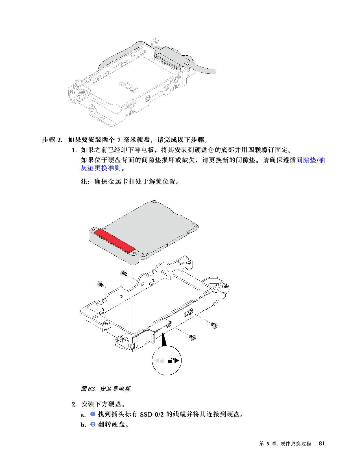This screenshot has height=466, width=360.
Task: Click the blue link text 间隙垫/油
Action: pyautogui.click(x=311, y=160)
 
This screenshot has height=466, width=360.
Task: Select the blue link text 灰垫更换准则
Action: pyautogui.click(x=101, y=168)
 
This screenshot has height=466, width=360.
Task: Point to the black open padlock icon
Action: pyautogui.click(x=171, y=361)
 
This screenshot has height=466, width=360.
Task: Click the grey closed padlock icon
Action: pyautogui.click(x=162, y=361)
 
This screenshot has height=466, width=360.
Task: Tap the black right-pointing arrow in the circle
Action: pyautogui.click(x=177, y=360)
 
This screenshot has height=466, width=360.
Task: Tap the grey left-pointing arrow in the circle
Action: pyautogui.click(x=156, y=361)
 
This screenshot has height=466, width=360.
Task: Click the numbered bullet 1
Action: pyautogui.click(x=93, y=414)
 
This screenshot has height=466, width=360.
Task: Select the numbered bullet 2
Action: pyautogui.click(x=93, y=424)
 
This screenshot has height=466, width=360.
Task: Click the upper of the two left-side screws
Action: pyautogui.click(x=124, y=273)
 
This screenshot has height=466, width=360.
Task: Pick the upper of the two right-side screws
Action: pyautogui.click(x=215, y=325)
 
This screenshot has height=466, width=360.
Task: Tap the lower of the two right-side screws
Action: pyautogui.click(x=193, y=337)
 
